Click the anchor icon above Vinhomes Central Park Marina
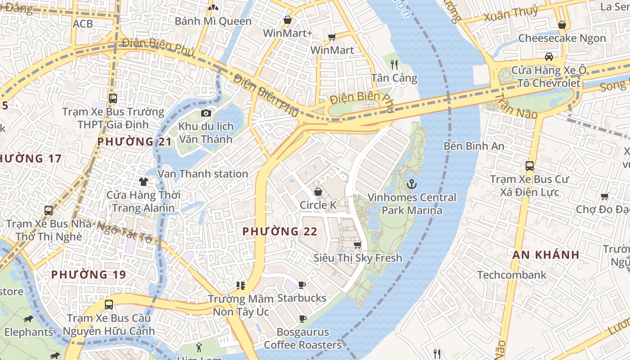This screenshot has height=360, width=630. tap(411, 184)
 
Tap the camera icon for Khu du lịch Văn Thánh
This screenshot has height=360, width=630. tap(206, 113)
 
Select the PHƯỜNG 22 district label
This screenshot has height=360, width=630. tap(280, 231)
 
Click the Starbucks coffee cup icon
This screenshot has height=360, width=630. tap(302, 285)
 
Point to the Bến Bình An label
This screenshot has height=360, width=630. tap(474, 146)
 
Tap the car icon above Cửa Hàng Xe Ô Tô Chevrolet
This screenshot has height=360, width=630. tap(549, 57)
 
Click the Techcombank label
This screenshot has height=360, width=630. tap(512, 274)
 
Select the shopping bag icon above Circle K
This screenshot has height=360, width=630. tap(318, 192)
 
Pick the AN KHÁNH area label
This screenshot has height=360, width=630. tap(546, 255)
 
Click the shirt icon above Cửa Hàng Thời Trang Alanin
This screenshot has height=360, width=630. tap(144, 182)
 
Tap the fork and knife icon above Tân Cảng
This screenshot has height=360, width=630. tap(394, 64)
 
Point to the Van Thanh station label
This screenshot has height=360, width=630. tap(202, 174)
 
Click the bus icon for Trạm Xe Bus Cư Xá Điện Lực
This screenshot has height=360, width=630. tap(530, 166)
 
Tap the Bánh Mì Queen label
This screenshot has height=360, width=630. tap(213, 21)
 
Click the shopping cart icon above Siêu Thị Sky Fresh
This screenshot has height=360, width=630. tap(357, 245)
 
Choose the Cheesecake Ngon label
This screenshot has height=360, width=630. tap(562, 38)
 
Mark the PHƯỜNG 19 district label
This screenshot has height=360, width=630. tap(88, 274)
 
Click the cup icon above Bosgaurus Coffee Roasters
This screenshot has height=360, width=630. tap(303, 319)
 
